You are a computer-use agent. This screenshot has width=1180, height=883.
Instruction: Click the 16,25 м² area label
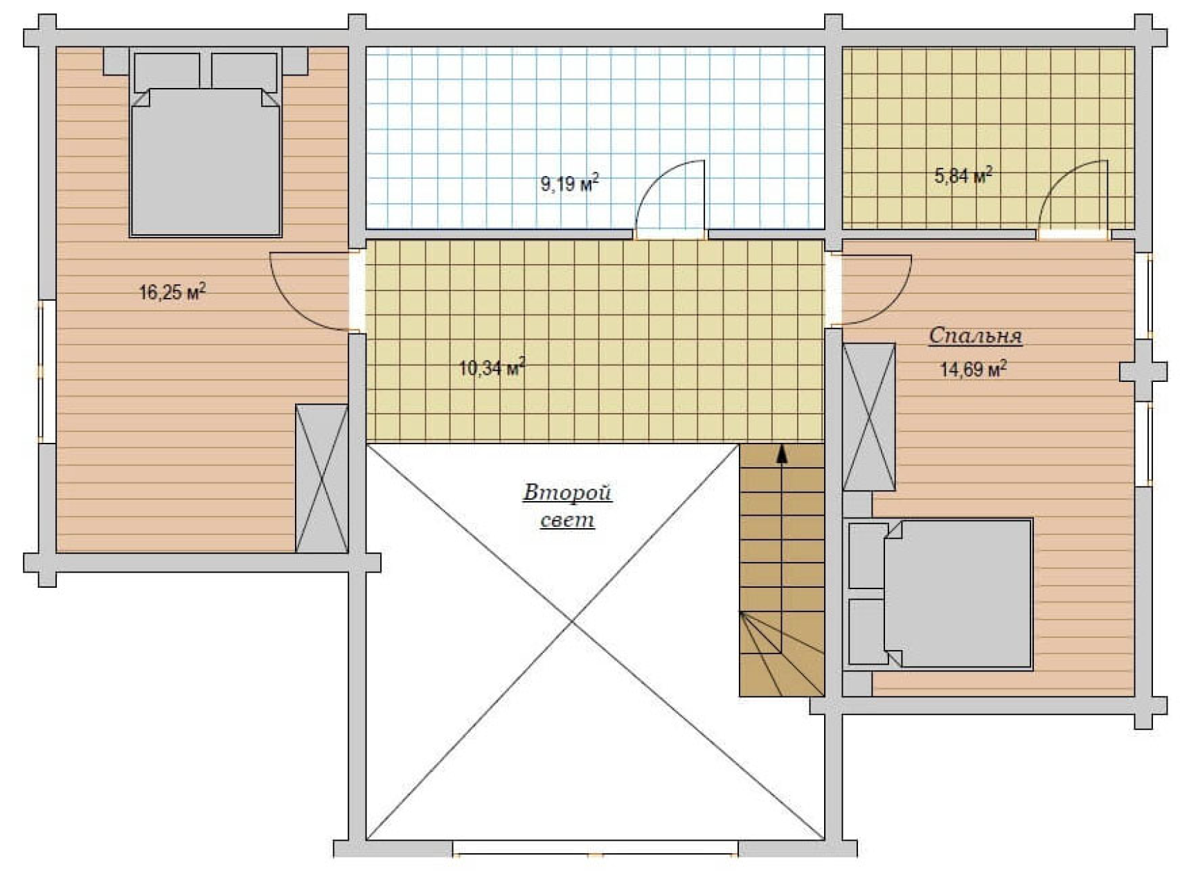(172, 292)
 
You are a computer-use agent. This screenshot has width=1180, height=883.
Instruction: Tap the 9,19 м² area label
(569, 184)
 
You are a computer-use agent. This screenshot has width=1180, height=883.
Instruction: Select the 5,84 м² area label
(963, 175)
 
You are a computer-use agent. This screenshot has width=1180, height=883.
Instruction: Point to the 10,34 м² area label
(492, 367)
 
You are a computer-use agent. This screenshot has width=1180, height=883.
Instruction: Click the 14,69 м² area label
(973, 369)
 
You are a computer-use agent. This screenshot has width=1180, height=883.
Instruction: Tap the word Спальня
(975, 336)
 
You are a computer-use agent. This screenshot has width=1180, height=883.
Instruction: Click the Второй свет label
(567, 507)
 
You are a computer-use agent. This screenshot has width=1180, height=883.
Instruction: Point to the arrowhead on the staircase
(782, 453)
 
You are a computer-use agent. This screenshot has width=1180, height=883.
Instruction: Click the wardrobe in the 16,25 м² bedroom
(321, 478)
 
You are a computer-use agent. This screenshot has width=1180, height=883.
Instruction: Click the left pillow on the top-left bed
(167, 71)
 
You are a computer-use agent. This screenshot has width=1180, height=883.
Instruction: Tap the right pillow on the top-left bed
(244, 71)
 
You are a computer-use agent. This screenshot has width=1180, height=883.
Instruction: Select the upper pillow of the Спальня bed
(868, 556)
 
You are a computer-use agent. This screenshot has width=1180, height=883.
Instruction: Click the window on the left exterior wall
(46, 371)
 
